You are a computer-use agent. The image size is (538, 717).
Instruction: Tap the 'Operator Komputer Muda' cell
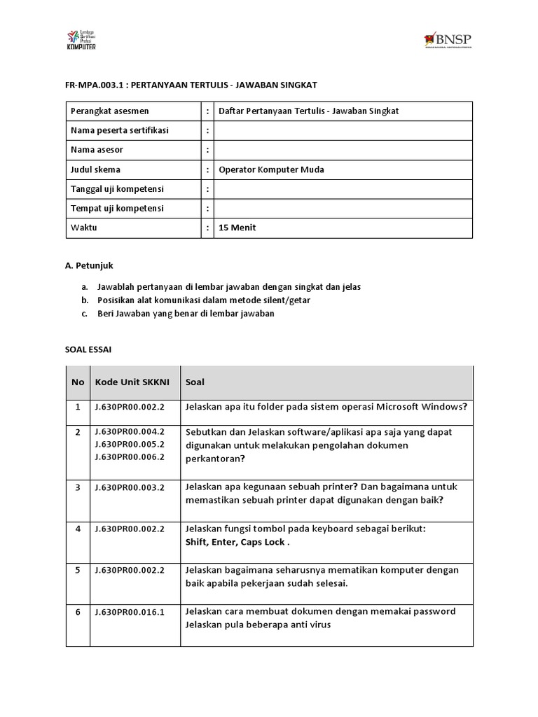pyautogui.click(x=272, y=169)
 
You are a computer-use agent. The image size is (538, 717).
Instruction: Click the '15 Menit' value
pyautogui.click(x=237, y=228)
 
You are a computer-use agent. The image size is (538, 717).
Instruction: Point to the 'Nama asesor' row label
pyautogui.click(x=97, y=150)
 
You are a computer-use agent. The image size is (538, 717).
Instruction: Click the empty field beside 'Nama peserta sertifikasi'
pyautogui.click(x=343, y=130)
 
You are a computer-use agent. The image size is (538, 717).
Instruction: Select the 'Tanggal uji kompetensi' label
pyautogui.click(x=116, y=189)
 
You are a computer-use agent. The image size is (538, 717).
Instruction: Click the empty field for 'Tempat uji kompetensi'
pyautogui.click(x=343, y=208)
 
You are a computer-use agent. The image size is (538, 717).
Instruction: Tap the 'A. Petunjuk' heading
pyautogui.click(x=89, y=265)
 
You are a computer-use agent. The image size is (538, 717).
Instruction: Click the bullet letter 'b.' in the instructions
pyautogui.click(x=84, y=300)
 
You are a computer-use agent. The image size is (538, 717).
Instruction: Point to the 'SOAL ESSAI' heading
pyautogui.click(x=88, y=348)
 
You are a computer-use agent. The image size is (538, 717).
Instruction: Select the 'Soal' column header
pyautogui.click(x=195, y=382)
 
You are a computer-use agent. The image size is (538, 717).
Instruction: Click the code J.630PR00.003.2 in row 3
pyautogui.click(x=130, y=487)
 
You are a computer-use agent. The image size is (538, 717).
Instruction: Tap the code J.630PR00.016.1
pyautogui.click(x=130, y=612)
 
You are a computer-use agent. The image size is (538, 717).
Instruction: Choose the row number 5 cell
pyautogui.click(x=78, y=570)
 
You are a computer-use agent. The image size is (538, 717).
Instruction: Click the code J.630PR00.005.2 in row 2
pyautogui.click(x=130, y=444)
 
